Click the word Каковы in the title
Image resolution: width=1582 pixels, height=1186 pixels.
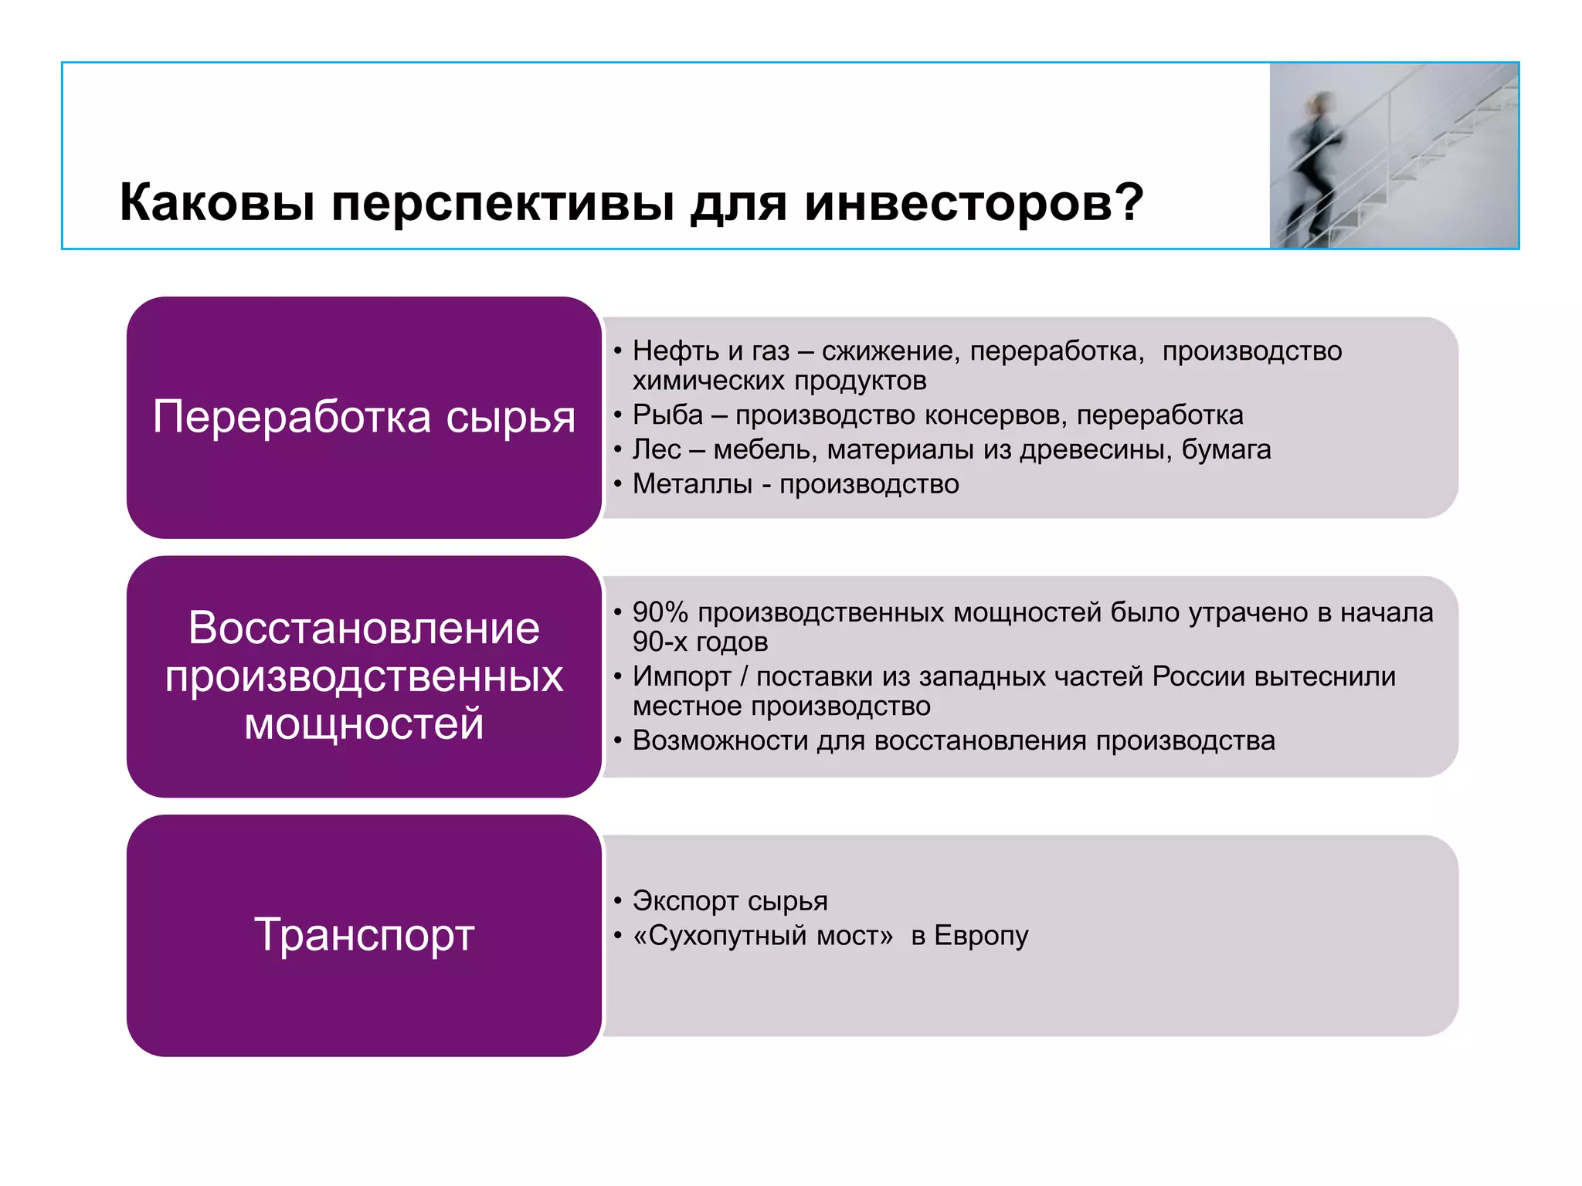(x=217, y=203)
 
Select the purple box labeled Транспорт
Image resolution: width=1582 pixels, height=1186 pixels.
(x=364, y=935)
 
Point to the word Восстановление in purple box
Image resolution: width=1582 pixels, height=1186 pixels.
(x=364, y=628)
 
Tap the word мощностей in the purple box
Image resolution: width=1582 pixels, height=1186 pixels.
(x=364, y=724)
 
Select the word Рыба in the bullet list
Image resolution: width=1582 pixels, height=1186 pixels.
(x=667, y=415)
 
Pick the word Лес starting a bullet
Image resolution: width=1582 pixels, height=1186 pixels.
(x=657, y=449)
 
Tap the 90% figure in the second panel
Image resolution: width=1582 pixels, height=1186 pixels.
(x=660, y=612)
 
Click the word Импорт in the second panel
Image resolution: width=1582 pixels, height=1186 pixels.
(x=681, y=676)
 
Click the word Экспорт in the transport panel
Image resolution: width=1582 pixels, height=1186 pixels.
(x=685, y=901)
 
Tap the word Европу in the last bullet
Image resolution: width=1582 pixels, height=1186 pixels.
(x=981, y=936)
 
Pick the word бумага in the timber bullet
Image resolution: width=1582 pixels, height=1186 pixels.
(x=1226, y=449)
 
